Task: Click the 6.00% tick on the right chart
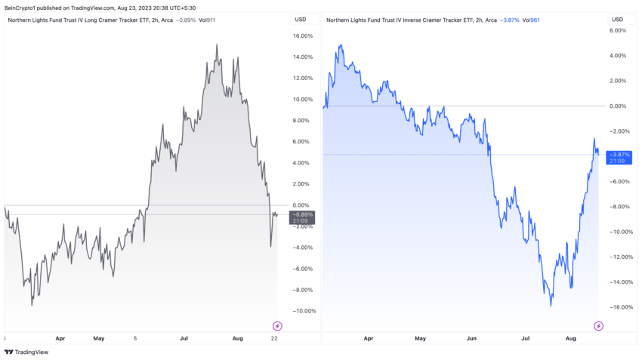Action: point(619,30)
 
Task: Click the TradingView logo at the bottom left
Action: point(22,351)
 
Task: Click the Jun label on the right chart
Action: point(471,338)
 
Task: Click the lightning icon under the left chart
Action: point(277,326)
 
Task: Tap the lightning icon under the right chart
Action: point(598,326)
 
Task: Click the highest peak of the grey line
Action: point(217,45)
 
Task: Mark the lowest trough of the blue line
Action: point(551,306)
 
